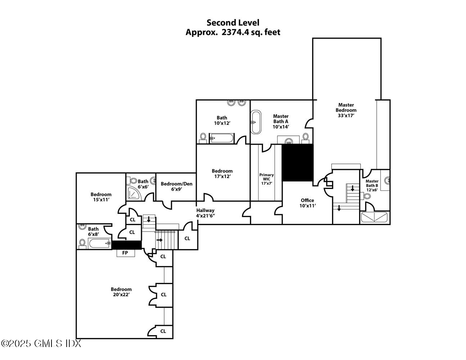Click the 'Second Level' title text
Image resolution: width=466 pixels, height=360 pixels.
click(x=233, y=23)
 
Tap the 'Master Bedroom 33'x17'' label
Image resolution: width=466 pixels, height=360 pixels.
click(x=346, y=110)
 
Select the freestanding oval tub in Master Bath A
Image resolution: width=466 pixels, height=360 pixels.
click(x=256, y=122)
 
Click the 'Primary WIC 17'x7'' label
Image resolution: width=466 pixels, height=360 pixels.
click(x=266, y=179)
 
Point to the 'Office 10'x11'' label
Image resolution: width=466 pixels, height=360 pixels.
click(x=307, y=203)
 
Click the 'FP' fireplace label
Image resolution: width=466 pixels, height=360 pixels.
click(x=125, y=253)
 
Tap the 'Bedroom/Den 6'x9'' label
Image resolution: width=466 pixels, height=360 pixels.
click(x=176, y=186)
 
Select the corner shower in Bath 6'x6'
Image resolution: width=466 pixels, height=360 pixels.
click(x=134, y=193)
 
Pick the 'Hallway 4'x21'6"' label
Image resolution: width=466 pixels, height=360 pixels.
click(x=205, y=213)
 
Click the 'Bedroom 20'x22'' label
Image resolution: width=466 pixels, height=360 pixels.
click(x=121, y=292)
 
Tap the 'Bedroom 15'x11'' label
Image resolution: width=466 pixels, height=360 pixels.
click(x=101, y=197)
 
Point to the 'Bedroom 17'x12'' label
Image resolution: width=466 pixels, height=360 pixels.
click(x=222, y=174)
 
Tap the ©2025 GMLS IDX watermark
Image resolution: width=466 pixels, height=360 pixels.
click(x=41, y=343)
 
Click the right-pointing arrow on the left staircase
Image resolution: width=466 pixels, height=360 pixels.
click(x=160, y=240)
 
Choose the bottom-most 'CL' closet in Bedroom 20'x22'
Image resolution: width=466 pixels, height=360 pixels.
click(x=163, y=331)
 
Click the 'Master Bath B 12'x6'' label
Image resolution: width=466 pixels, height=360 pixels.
click(x=372, y=185)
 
